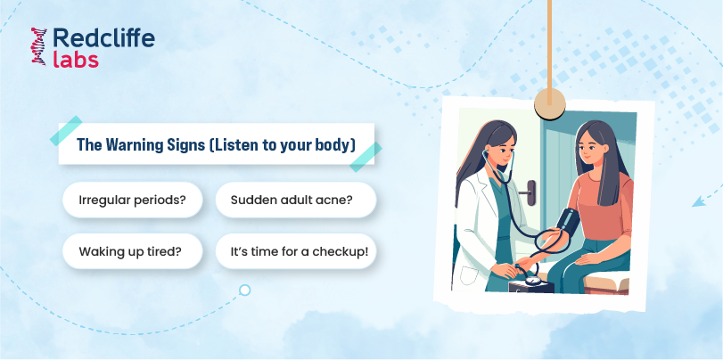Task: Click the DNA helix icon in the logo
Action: coord(39,46)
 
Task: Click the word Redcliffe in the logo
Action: coord(103,38)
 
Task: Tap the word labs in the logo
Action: coord(76,60)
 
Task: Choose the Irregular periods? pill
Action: coord(132,200)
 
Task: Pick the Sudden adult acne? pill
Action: coord(296,200)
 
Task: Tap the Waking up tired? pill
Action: coord(132,251)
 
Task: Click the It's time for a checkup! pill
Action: coord(296,251)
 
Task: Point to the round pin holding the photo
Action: coord(550,103)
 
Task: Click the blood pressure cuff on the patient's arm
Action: coord(567,225)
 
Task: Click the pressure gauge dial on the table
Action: coord(532,281)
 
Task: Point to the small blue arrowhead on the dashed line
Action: coord(699,200)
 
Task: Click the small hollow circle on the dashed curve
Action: coord(245,290)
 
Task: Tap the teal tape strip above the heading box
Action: coord(66,130)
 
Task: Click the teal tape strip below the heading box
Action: coord(366,157)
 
